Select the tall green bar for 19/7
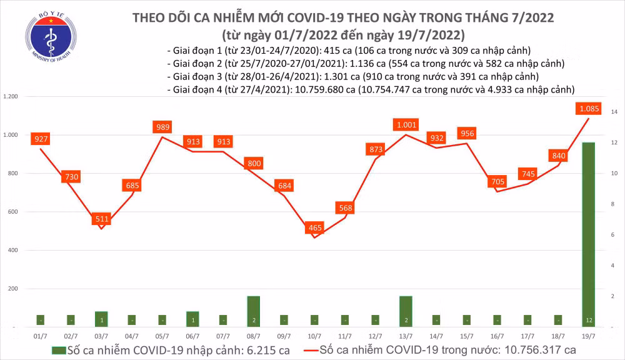click(588, 234)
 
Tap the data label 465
click(314, 228)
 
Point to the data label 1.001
click(406, 125)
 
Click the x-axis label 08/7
click(253, 335)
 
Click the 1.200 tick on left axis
click(11, 97)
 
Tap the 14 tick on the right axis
click(614, 112)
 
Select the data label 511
click(102, 219)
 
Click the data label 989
click(162, 127)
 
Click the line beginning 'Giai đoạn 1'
click(349, 51)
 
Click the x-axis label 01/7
click(41, 335)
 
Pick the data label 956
click(467, 133)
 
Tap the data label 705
click(497, 182)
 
